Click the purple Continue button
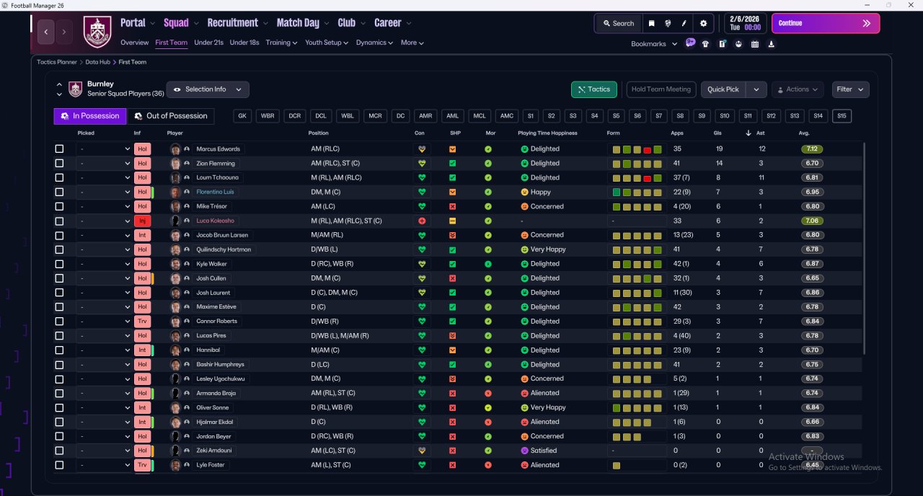(x=826, y=23)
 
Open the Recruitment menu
(x=232, y=23)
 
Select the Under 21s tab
(x=208, y=43)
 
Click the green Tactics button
(x=593, y=89)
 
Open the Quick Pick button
(x=723, y=89)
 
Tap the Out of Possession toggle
(x=171, y=116)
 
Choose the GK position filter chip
(x=242, y=116)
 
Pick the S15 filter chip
(x=842, y=116)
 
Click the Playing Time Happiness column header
(x=547, y=133)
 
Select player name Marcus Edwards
(x=218, y=149)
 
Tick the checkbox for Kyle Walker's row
(x=59, y=264)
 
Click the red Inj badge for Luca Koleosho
(x=142, y=221)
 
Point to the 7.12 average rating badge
(x=812, y=149)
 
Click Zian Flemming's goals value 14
(x=719, y=163)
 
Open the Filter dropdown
(x=850, y=89)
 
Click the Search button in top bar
(x=619, y=24)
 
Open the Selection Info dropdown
(x=208, y=89)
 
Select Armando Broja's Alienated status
(x=544, y=393)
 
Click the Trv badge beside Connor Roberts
(x=142, y=322)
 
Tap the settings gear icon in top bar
(x=703, y=24)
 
